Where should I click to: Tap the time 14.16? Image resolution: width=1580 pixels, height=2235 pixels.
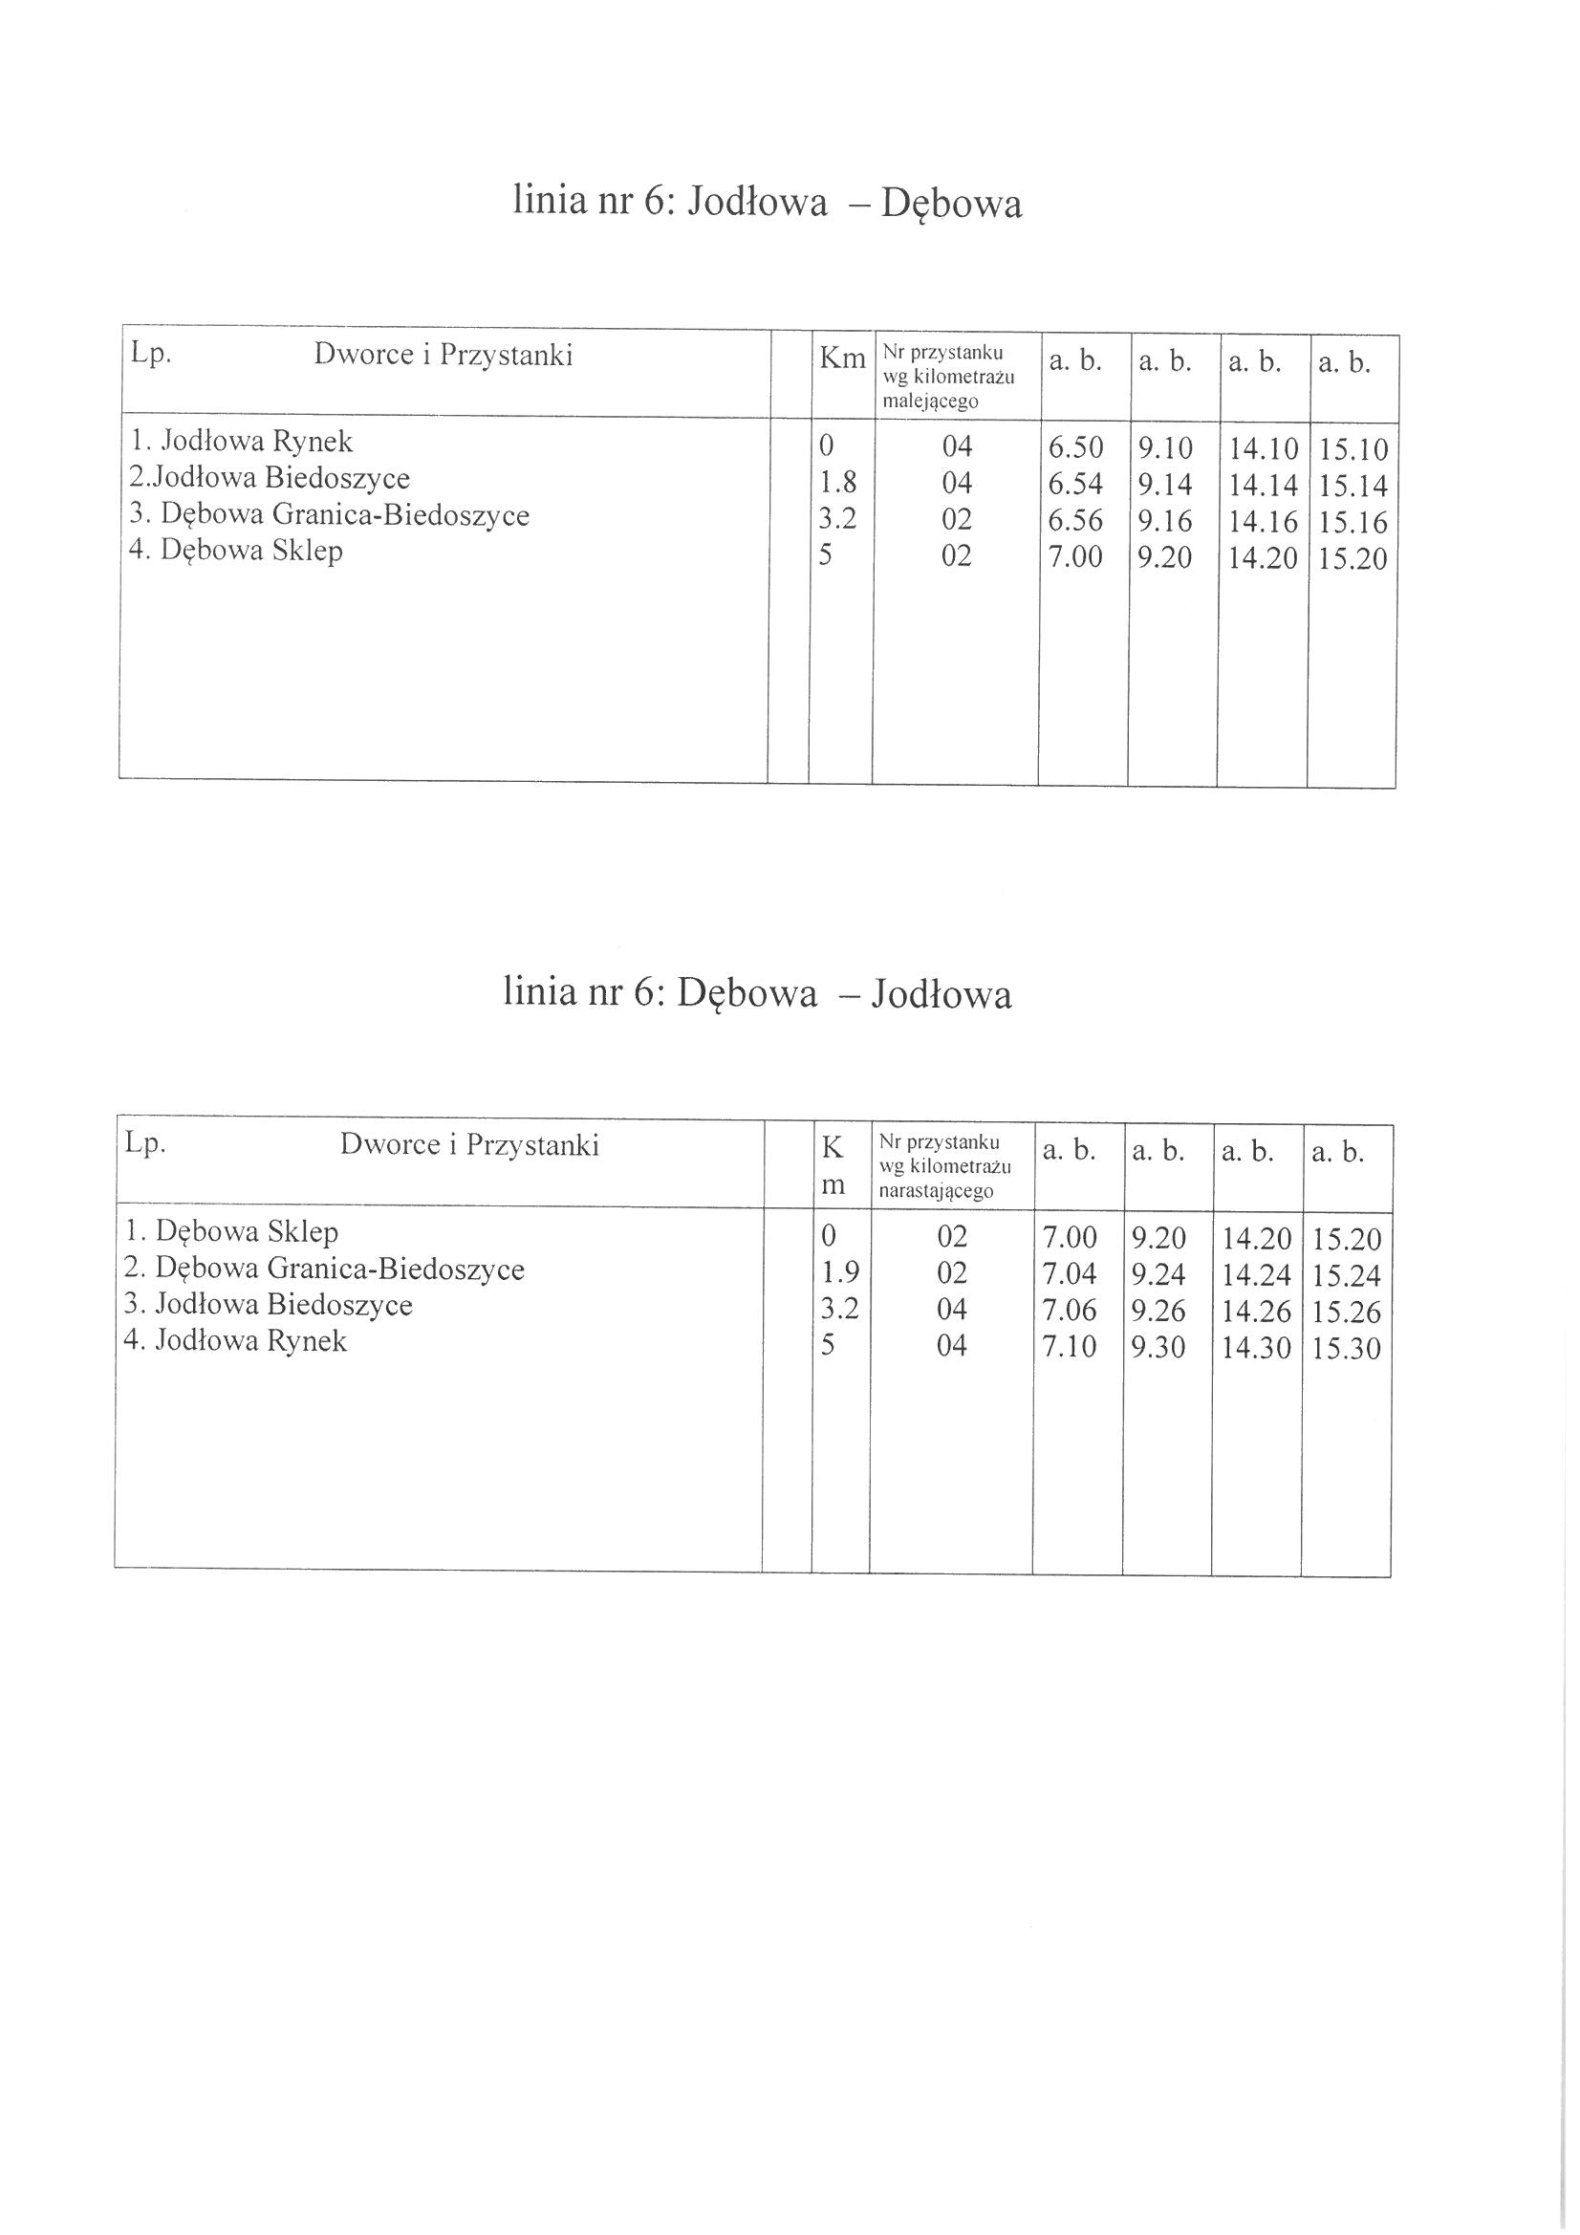click(x=1263, y=523)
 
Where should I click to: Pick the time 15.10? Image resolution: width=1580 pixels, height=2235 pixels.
click(x=1353, y=449)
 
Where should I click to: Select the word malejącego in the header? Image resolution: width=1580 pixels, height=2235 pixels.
click(x=930, y=401)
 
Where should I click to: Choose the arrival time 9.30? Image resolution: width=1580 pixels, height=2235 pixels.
click(x=1158, y=1348)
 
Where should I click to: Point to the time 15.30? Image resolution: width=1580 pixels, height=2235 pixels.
click(x=1347, y=1349)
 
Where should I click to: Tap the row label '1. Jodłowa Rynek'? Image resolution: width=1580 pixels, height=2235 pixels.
click(x=241, y=442)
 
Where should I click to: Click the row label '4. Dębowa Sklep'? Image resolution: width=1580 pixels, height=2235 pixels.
click(x=235, y=551)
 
